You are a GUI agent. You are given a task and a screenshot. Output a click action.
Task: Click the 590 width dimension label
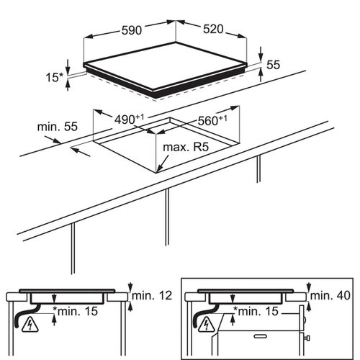click(x=132, y=30)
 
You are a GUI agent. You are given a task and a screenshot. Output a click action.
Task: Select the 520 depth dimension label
click(x=213, y=29)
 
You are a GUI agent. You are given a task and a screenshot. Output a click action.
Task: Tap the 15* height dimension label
click(x=54, y=77)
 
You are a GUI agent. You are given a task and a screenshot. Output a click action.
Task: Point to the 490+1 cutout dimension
click(x=129, y=120)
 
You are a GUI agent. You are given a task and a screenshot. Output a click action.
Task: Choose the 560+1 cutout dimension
click(x=212, y=120)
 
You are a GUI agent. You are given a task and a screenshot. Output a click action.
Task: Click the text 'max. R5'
click(x=186, y=147)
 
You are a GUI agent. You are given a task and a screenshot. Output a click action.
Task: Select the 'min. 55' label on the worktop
click(x=58, y=127)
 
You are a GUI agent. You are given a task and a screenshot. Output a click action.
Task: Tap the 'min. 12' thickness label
click(x=152, y=295)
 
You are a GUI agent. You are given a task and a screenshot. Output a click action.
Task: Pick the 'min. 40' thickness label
click(x=330, y=295)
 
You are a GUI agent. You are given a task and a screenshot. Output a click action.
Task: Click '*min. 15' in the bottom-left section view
click(x=76, y=311)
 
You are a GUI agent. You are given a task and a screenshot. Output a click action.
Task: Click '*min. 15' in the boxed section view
click(x=256, y=311)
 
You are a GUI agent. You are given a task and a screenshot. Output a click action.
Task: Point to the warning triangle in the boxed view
click(x=207, y=325)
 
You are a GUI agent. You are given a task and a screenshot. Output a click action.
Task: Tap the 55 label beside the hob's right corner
click(x=274, y=65)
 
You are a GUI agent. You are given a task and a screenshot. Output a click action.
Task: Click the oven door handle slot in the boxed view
click(x=261, y=336)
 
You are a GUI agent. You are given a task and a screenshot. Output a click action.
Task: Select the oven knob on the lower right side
click(x=307, y=338)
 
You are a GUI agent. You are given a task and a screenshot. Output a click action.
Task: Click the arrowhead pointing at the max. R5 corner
click(x=161, y=168)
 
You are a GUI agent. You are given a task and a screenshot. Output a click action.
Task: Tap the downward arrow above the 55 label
click(x=261, y=53)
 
